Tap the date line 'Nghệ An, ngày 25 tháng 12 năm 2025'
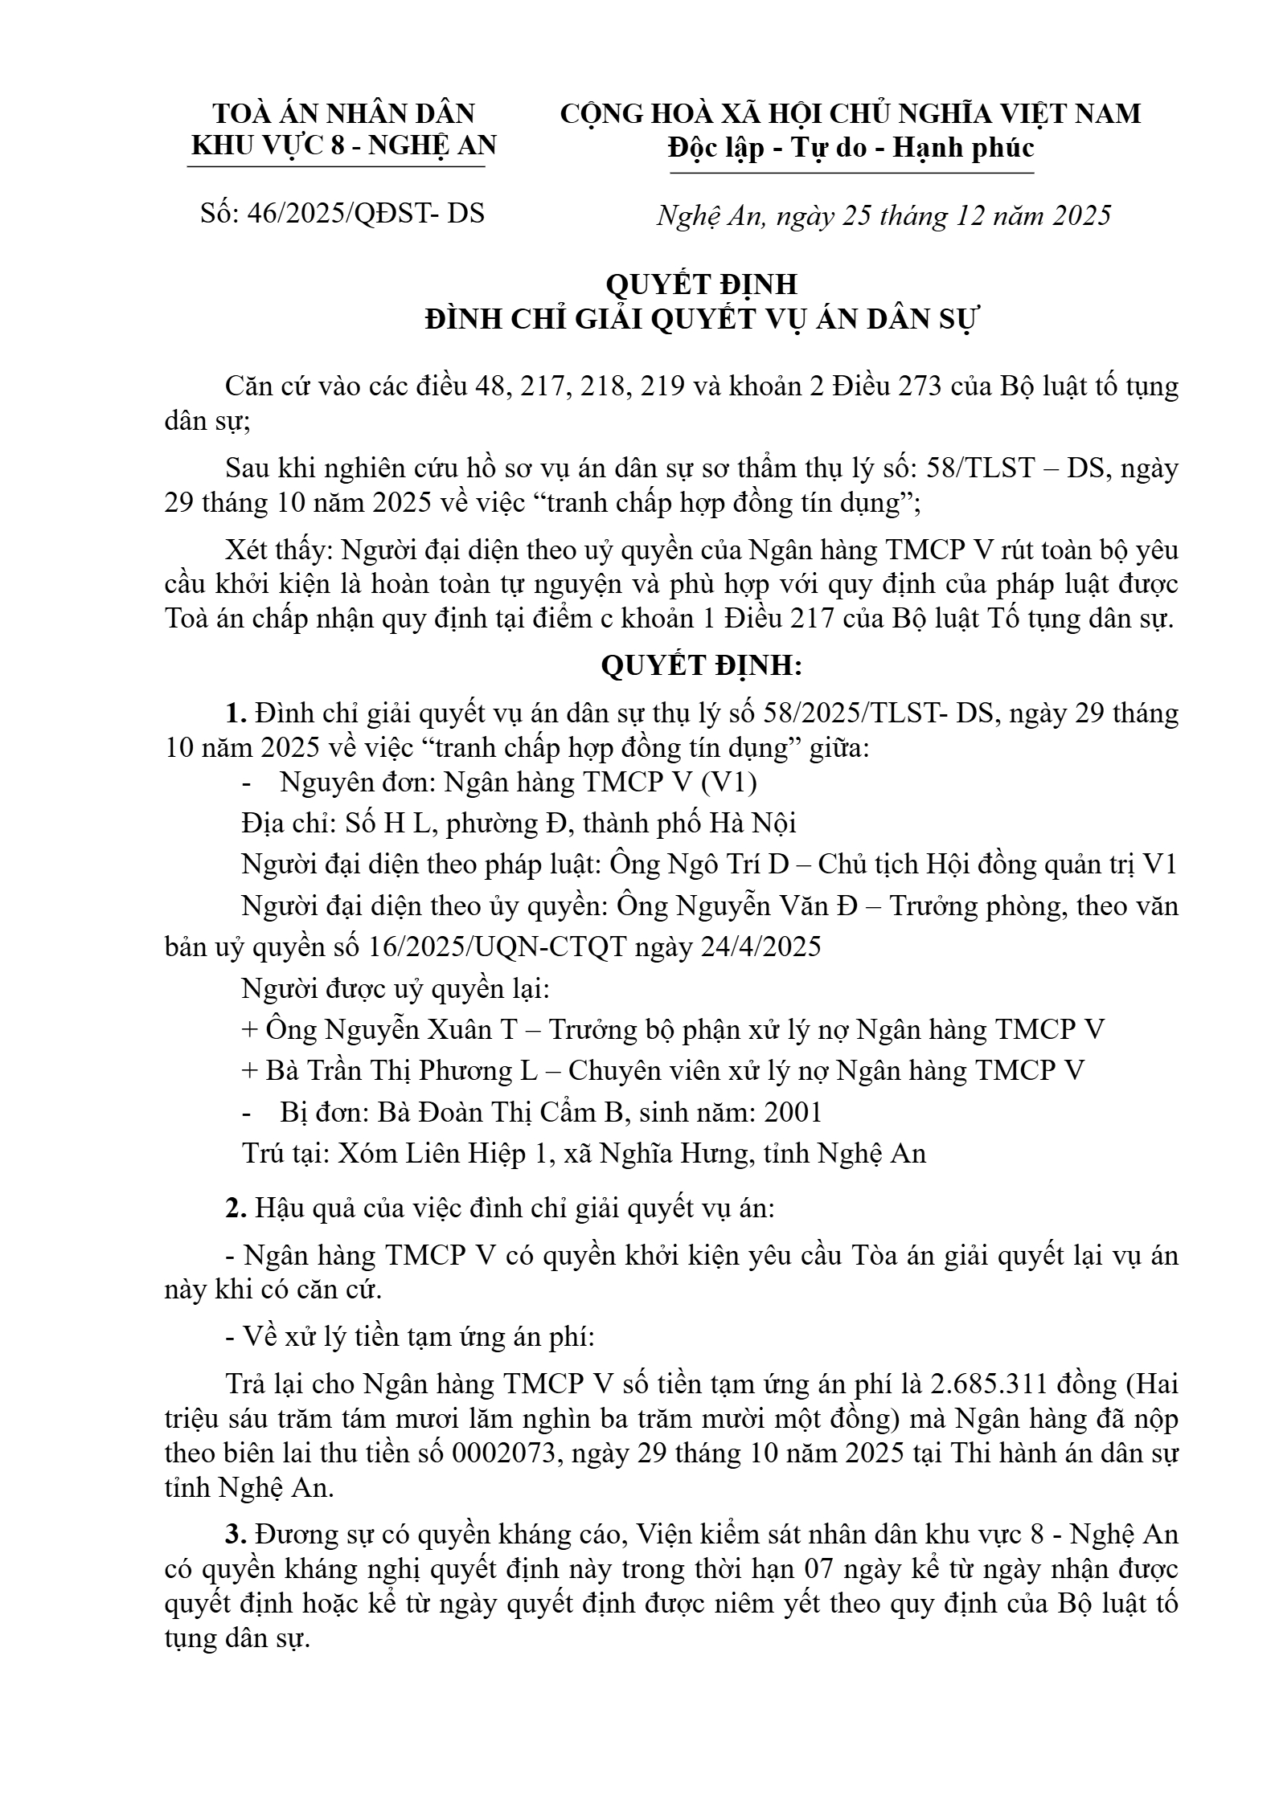883,215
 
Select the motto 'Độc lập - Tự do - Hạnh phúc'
851,148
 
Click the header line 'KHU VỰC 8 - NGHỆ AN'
343,145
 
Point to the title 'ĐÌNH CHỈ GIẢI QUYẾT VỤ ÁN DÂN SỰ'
700,319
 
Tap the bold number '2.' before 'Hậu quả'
236,1208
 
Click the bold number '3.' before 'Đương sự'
236,1535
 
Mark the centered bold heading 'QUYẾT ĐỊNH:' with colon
701,666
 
